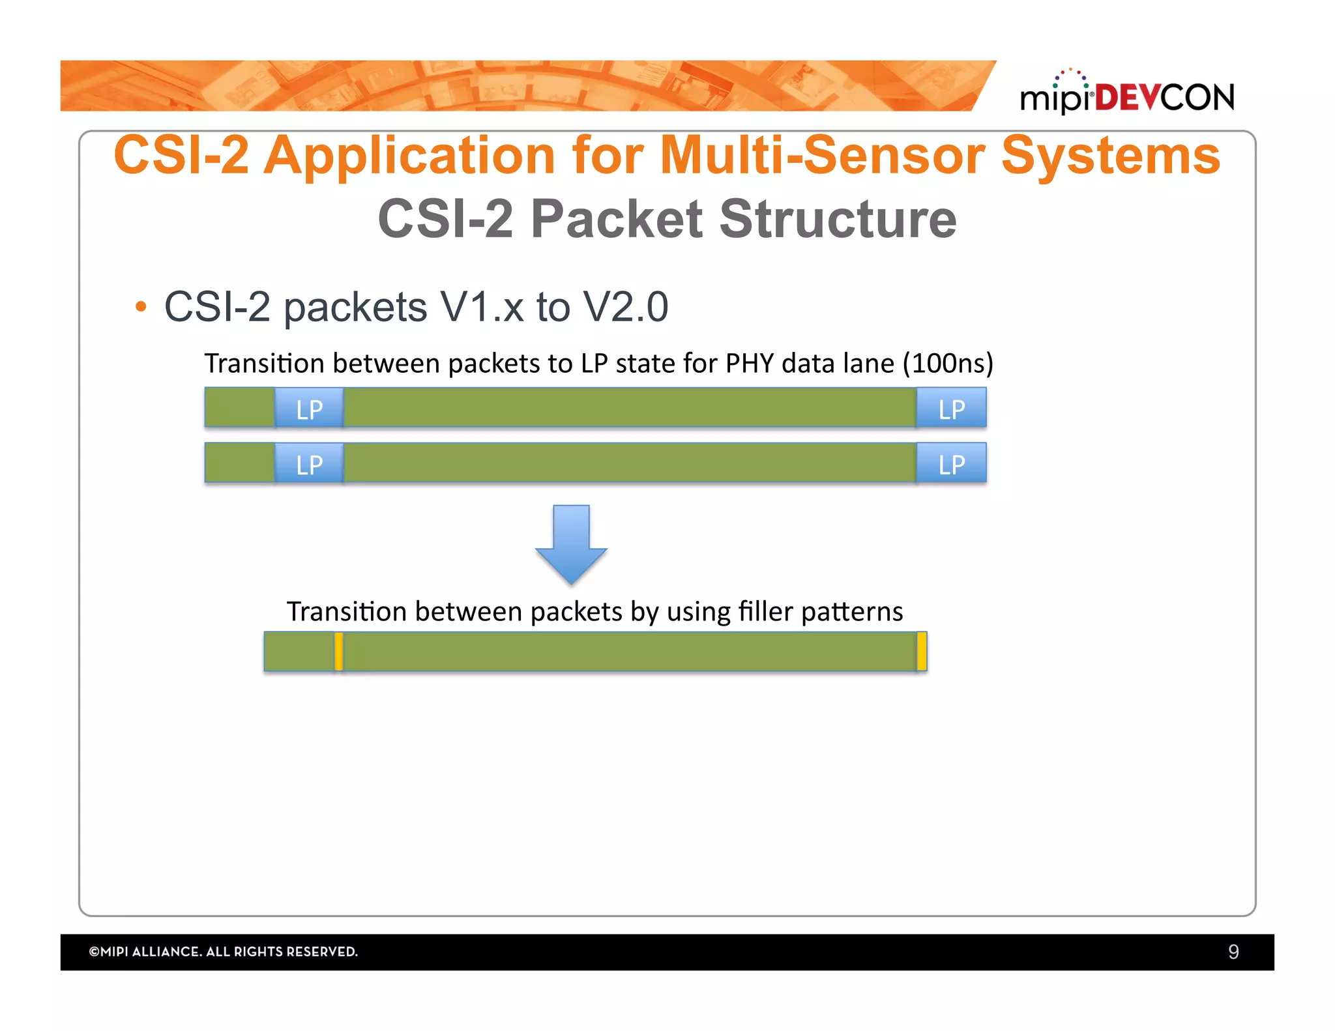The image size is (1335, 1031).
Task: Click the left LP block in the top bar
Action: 309,408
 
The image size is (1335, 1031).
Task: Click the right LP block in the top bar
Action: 951,408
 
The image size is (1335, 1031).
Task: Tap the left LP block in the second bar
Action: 309,463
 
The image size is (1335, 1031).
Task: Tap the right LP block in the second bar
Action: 951,463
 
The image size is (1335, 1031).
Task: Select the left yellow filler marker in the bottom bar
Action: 338,651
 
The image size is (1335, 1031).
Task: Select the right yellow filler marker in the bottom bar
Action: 922,651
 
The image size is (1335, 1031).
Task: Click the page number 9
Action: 1233,951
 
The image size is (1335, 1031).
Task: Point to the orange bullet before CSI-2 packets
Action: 141,307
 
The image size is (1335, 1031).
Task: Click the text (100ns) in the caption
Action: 947,364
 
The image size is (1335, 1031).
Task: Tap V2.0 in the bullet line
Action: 626,307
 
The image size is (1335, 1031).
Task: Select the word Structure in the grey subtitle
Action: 838,220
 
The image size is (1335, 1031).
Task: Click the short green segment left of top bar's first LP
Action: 239,408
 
